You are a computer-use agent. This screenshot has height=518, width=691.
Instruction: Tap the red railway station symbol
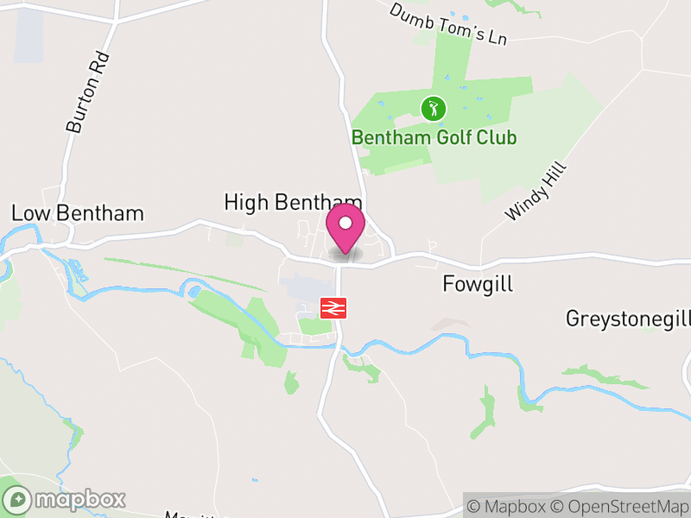[333, 308]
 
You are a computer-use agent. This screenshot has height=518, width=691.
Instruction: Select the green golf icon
[434, 109]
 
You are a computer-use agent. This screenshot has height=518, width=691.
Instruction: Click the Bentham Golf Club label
[434, 137]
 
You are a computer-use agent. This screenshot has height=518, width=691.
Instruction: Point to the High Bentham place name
[292, 202]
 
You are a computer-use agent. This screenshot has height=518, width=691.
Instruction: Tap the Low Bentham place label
[77, 213]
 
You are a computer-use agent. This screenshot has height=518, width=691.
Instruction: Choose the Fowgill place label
[478, 283]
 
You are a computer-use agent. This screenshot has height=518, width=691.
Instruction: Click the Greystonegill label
[628, 319]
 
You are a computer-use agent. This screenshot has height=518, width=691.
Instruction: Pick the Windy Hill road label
[536, 192]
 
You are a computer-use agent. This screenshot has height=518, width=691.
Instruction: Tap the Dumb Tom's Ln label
[447, 24]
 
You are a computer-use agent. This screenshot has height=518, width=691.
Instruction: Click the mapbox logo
[65, 499]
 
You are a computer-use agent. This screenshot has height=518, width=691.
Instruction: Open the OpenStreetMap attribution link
[623, 507]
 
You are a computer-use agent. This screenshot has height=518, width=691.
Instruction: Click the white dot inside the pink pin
[345, 223]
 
